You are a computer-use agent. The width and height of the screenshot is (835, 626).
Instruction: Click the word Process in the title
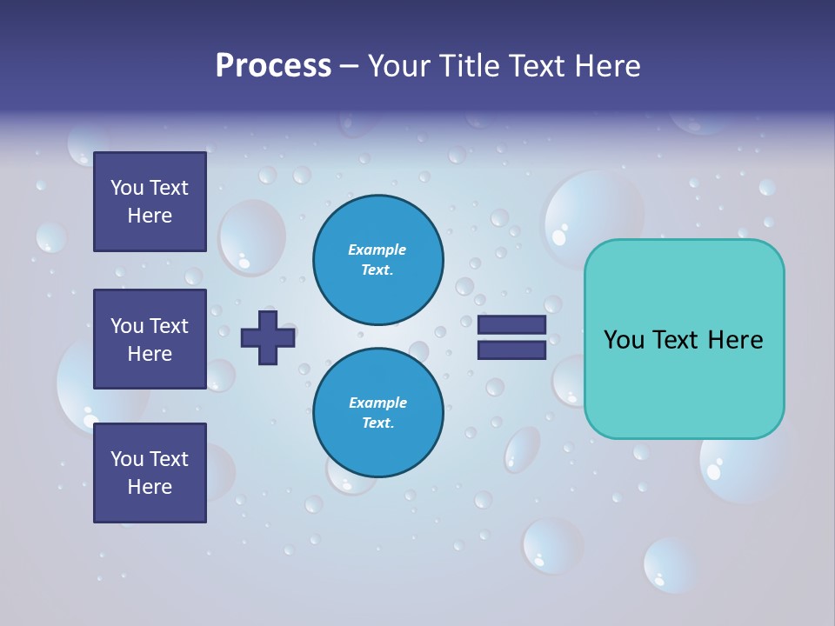click(273, 66)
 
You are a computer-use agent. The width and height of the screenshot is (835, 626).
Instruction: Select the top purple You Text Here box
click(150, 202)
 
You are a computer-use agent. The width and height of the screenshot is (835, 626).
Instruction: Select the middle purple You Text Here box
click(150, 339)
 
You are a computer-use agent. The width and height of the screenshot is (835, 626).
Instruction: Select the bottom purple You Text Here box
click(150, 473)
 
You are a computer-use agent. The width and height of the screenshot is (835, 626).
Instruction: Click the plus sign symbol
click(268, 337)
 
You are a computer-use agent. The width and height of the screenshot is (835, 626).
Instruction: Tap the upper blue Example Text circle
click(377, 259)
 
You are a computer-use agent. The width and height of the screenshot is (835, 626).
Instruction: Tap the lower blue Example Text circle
click(377, 413)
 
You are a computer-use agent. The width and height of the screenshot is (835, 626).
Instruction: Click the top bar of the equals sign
click(511, 325)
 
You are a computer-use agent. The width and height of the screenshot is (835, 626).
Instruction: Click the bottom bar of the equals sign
click(511, 350)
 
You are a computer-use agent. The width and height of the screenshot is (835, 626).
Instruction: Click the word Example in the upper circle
click(377, 250)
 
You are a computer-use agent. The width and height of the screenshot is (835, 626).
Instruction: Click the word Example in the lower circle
click(377, 403)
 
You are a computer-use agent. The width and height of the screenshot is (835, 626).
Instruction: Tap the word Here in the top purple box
click(150, 216)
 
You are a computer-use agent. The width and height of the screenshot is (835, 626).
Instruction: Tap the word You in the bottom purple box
click(127, 459)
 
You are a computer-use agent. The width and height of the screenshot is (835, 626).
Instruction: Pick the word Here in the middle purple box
click(150, 354)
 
